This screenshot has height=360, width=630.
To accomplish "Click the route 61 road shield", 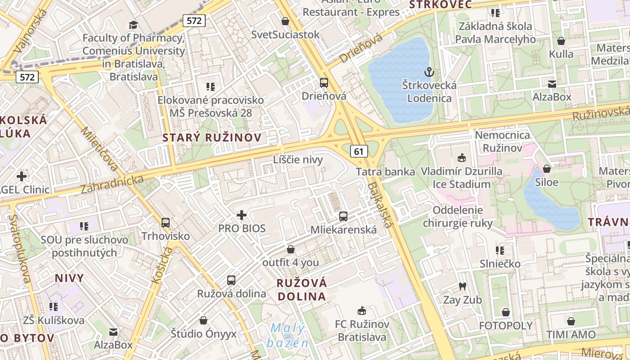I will [358, 151].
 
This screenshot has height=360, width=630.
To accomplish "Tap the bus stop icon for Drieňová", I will [324, 83].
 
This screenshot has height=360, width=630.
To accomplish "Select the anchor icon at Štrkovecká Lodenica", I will [429, 72].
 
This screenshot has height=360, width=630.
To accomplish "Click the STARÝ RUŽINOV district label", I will [212, 138].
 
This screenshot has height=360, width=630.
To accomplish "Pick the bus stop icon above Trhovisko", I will [166, 222].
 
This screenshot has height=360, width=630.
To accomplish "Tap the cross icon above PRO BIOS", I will [242, 215].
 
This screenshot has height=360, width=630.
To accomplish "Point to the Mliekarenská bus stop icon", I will [343, 216].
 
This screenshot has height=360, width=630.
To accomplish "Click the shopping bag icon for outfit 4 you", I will [291, 249].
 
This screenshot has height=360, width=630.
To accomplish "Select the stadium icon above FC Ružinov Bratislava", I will [361, 310].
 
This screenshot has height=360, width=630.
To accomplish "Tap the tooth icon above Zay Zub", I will [462, 286].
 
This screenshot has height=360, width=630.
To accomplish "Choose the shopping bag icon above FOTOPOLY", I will [506, 312].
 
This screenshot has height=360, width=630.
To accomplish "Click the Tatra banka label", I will [385, 171].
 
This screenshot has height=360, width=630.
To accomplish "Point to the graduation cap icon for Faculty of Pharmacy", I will [133, 25].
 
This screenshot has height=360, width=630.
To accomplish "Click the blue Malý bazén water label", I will [288, 336].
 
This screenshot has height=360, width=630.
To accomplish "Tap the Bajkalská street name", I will [381, 205].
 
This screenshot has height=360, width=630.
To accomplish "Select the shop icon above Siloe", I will [547, 169].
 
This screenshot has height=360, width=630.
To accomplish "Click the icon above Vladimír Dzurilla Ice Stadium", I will [461, 158].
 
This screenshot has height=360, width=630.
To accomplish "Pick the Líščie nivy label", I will [298, 160].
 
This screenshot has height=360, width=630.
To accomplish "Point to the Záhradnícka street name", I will [112, 184].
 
